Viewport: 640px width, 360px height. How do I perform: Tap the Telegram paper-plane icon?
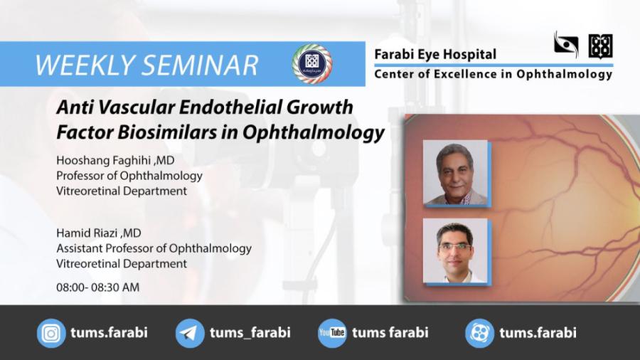point(190,333)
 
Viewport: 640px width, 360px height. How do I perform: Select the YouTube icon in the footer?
point(332,333)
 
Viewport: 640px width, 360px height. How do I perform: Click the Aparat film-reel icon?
point(479,333)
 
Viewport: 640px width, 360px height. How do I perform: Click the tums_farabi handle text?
point(250,333)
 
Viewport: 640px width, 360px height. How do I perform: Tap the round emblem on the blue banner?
point(311,63)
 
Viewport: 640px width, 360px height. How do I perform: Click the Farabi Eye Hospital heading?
point(435,54)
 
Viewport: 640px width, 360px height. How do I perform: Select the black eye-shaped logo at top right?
point(566,45)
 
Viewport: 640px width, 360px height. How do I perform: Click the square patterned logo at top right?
point(600,46)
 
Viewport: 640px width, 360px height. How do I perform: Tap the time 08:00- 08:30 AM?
point(97,287)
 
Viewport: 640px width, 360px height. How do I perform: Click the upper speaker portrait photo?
point(455,172)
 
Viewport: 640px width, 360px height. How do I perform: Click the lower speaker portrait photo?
point(455,250)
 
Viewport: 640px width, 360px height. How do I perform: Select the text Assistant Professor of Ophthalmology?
point(154,248)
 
